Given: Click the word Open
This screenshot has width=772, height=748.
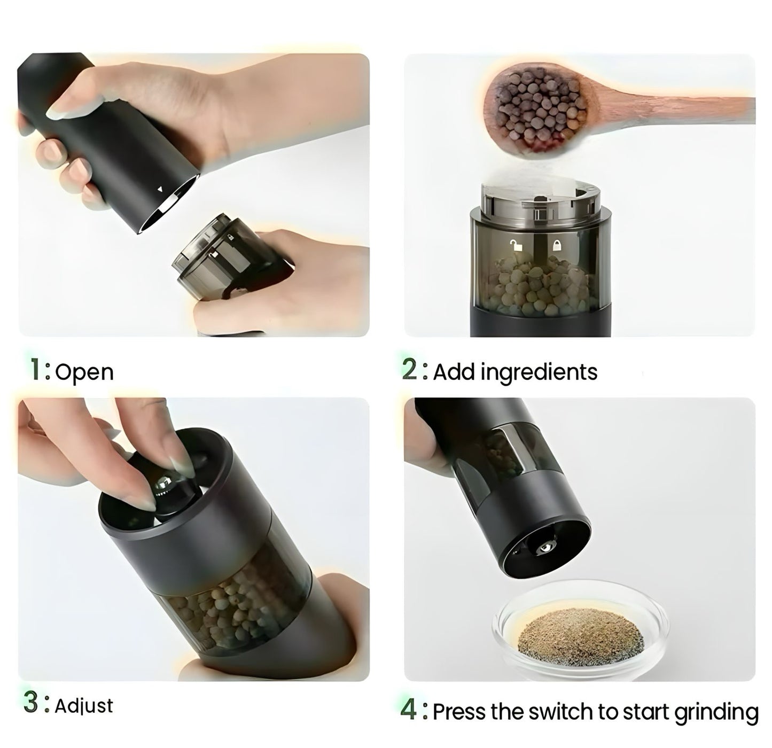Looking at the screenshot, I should (x=84, y=372).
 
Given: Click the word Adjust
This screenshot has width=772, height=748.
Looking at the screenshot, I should (x=84, y=706).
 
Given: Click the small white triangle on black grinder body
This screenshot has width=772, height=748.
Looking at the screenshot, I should (x=159, y=189).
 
